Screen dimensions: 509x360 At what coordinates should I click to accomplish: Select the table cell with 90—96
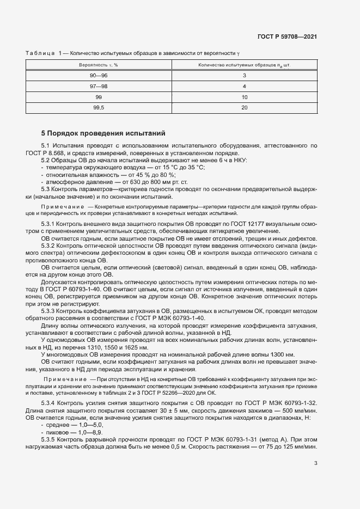[x=99, y=75]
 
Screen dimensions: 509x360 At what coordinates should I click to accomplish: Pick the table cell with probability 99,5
[x=99, y=108]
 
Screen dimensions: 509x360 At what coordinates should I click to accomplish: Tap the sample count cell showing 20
[x=245, y=108]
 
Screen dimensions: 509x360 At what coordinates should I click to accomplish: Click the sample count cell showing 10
[x=245, y=97]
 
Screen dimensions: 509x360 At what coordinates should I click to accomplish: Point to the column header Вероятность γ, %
[x=99, y=65]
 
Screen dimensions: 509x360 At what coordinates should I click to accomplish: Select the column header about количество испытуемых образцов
[x=245, y=65]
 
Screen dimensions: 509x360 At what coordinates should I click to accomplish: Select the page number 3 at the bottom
[x=316, y=464]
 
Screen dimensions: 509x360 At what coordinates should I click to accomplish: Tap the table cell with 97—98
[x=99, y=86]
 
